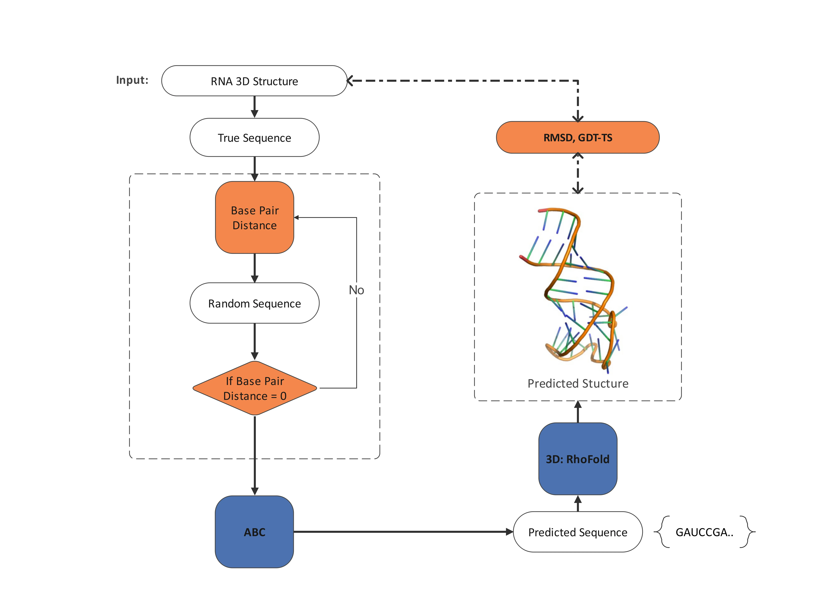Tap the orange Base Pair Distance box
254,218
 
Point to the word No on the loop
356,290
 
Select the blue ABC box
254,532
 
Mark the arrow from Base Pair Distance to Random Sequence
254,268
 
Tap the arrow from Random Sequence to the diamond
254,341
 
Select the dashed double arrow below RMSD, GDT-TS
578,173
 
